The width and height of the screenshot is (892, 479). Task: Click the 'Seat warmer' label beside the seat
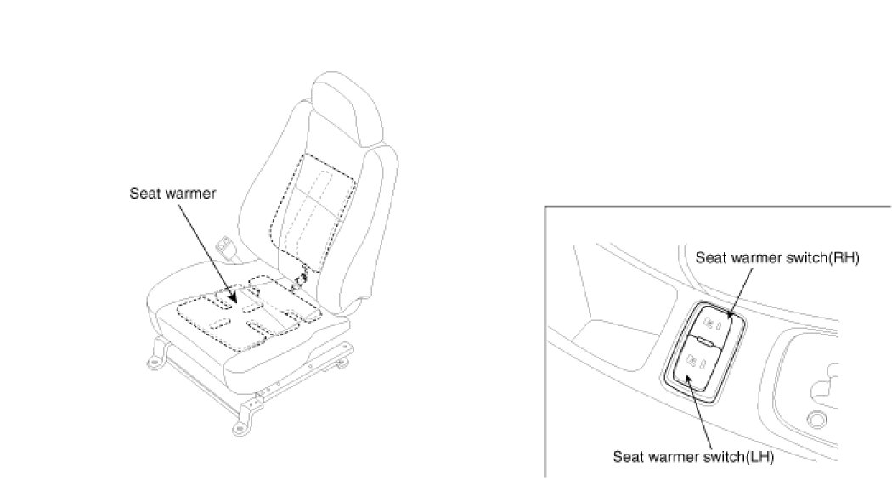pos(172,194)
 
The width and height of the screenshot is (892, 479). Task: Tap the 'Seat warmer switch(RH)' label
pos(777,258)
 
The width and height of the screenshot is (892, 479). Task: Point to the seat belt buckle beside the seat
pos(228,248)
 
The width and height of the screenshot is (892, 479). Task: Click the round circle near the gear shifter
pos(816,418)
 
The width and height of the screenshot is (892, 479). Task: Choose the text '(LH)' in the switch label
pos(761,456)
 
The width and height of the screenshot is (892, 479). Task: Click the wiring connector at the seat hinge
pos(300,281)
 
